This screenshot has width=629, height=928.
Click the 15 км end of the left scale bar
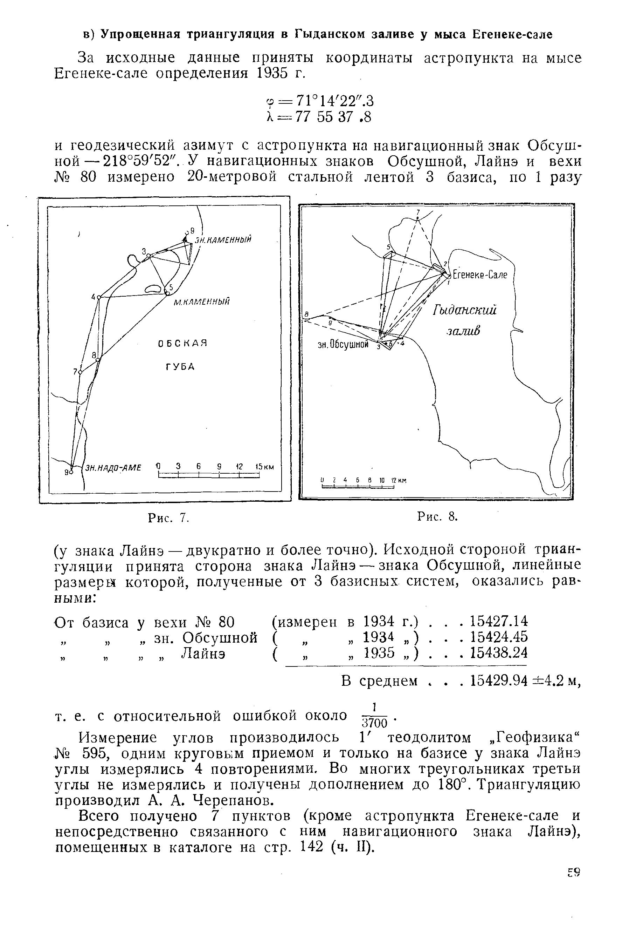264,467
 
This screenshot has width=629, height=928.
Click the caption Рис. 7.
167,518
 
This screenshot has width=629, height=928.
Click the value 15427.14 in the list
499,621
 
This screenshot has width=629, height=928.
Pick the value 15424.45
499,637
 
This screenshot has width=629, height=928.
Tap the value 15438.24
499,653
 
